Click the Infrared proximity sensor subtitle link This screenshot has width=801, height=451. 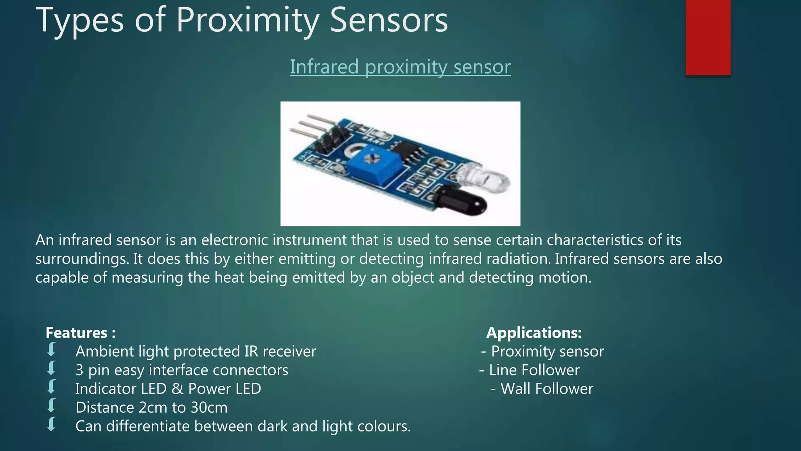pos(400,67)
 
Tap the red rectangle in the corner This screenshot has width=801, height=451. pos(708,38)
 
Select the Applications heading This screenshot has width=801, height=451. pos(534,333)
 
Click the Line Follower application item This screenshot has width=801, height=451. pos(533,370)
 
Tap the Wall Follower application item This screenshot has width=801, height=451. pos(546,389)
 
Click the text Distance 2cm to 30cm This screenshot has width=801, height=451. pos(151,408)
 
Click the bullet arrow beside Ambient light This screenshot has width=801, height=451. pos(51,349)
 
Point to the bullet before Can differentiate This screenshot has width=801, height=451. pos(51,424)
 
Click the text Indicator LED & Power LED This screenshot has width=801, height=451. pos(168,389)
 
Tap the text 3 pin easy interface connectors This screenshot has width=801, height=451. pos(182,370)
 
